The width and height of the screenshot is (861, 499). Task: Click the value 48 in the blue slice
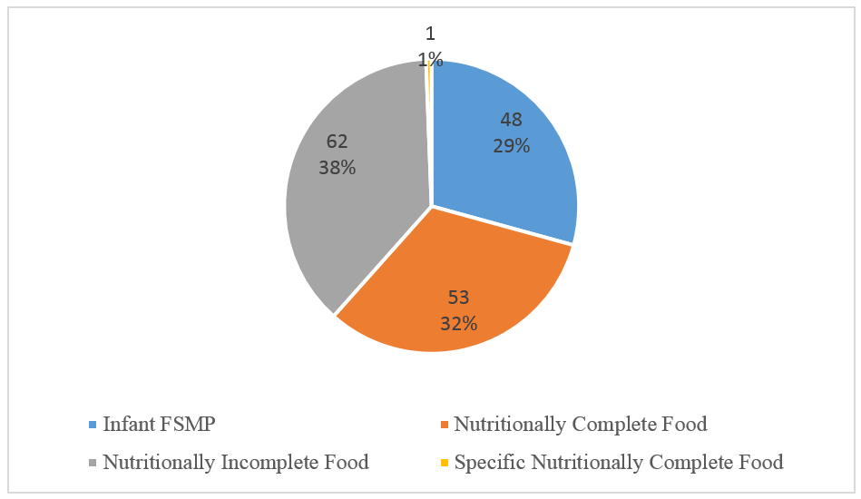click(x=511, y=120)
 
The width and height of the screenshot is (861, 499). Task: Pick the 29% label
click(x=511, y=145)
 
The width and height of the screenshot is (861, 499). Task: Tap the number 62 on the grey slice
click(x=337, y=142)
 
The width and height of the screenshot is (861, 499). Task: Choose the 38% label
click(x=337, y=168)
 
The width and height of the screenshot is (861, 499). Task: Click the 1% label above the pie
click(x=430, y=60)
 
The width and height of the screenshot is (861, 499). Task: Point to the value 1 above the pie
click(x=430, y=34)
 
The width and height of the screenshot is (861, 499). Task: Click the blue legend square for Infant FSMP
click(x=93, y=425)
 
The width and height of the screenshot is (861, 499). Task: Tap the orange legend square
click(x=443, y=425)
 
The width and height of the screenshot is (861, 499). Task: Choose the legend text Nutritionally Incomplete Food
click(x=236, y=463)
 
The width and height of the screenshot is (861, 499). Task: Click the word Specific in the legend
click(x=490, y=463)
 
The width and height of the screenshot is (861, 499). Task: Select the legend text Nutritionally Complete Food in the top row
click(x=580, y=424)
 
